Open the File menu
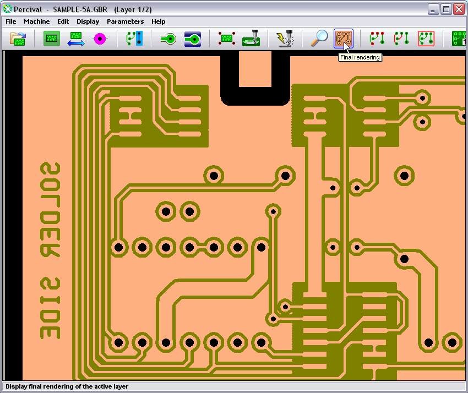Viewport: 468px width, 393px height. point(11,21)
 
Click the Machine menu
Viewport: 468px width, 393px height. point(37,21)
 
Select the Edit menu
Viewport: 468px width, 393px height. point(63,21)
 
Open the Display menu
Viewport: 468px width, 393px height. point(88,21)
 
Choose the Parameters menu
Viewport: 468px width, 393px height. point(126,21)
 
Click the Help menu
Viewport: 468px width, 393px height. point(158,21)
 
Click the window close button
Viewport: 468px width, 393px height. point(459,9)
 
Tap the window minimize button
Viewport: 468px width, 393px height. point(433,9)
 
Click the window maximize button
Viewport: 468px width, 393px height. point(446,9)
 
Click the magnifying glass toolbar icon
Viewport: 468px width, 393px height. point(319,38)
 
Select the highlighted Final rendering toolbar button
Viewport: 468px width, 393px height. point(343,38)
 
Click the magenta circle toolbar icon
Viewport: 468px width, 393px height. point(100,39)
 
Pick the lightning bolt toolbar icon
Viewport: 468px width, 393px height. point(285,38)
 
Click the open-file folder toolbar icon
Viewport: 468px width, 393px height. point(18,39)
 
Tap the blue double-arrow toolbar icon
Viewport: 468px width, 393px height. point(76,39)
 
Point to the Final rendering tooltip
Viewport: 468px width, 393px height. point(360,57)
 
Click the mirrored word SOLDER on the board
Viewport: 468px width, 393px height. point(51,210)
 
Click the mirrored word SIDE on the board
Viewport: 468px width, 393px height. point(51,308)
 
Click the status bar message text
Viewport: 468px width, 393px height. point(67,386)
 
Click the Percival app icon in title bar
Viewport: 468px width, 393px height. point(8,9)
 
